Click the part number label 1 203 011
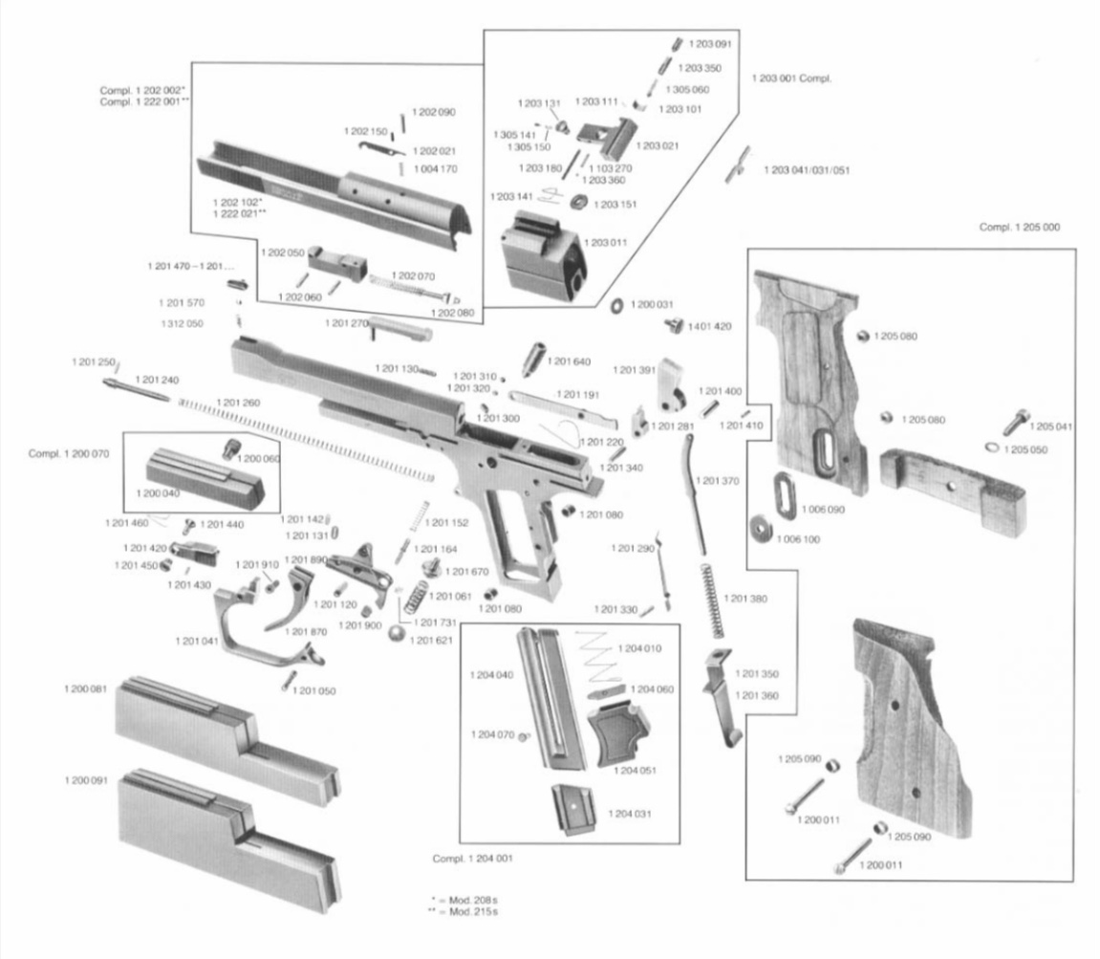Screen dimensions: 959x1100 pos(608,243)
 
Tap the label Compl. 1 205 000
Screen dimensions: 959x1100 pos(1019,228)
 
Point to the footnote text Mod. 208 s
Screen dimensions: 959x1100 pos(469,901)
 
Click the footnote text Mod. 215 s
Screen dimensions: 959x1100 pos(469,912)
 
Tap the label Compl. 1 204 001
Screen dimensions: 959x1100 pos(473,858)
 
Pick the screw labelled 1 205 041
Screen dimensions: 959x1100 pos(1015,422)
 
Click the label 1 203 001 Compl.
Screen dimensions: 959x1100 pos(792,78)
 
